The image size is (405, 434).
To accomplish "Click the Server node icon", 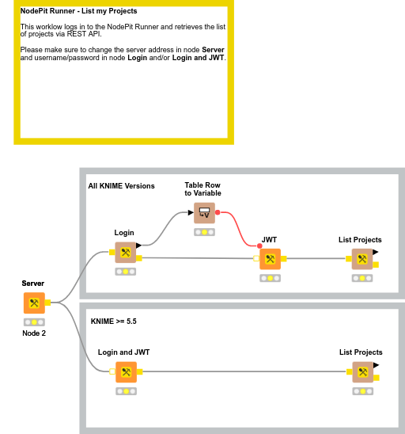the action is [34, 303].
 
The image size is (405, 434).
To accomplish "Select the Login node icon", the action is [126, 253].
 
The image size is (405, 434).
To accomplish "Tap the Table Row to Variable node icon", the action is [204, 213].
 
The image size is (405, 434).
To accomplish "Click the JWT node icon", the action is [270, 259].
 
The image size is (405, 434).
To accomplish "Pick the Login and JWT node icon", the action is [126, 372].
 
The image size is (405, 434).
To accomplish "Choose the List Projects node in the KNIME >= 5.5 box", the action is [363, 372].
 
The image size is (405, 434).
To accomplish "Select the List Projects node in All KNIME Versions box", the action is [362, 259].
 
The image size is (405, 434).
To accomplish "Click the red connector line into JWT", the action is [238, 229].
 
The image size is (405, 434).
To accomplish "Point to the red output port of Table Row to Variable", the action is [218, 212].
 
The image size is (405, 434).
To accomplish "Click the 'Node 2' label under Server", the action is [34, 333].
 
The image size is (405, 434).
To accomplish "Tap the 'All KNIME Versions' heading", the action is [121, 186].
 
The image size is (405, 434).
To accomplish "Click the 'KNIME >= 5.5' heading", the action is [114, 322].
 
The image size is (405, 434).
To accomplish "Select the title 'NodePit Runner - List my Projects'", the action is [79, 11].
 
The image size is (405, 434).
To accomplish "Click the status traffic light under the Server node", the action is [34, 322].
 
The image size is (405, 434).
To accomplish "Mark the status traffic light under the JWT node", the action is [270, 278].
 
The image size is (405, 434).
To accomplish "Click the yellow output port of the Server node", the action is [47, 303].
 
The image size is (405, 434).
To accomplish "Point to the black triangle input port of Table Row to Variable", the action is [191, 212].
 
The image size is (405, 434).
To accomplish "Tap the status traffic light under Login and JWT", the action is [126, 391].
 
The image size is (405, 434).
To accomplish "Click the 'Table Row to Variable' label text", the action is [202, 189].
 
